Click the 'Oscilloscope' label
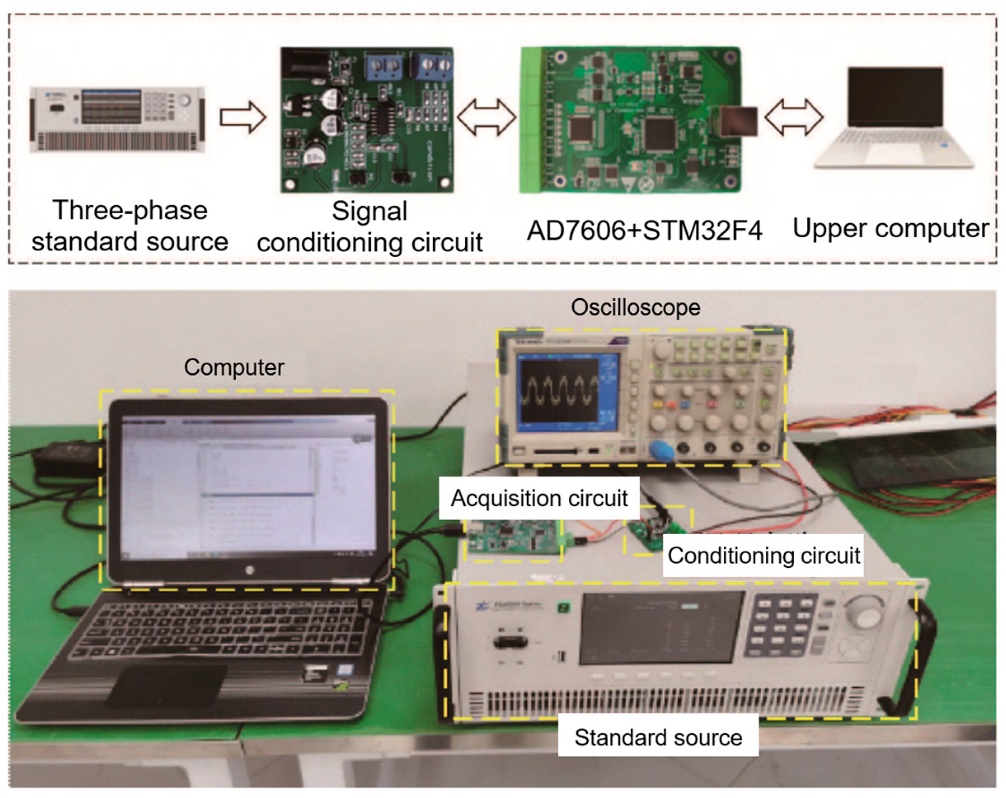(x=635, y=308)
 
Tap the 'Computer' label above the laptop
(x=234, y=367)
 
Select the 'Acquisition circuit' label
(x=539, y=498)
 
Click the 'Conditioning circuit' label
(x=763, y=555)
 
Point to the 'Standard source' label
(x=658, y=737)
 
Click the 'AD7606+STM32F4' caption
(x=645, y=230)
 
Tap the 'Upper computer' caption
(x=890, y=229)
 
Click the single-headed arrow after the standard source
(x=243, y=117)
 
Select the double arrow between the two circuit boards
(x=487, y=117)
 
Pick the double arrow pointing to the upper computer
(x=794, y=117)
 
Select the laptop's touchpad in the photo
(x=168, y=683)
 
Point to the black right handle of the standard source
(x=917, y=658)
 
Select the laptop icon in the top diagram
(x=893, y=119)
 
